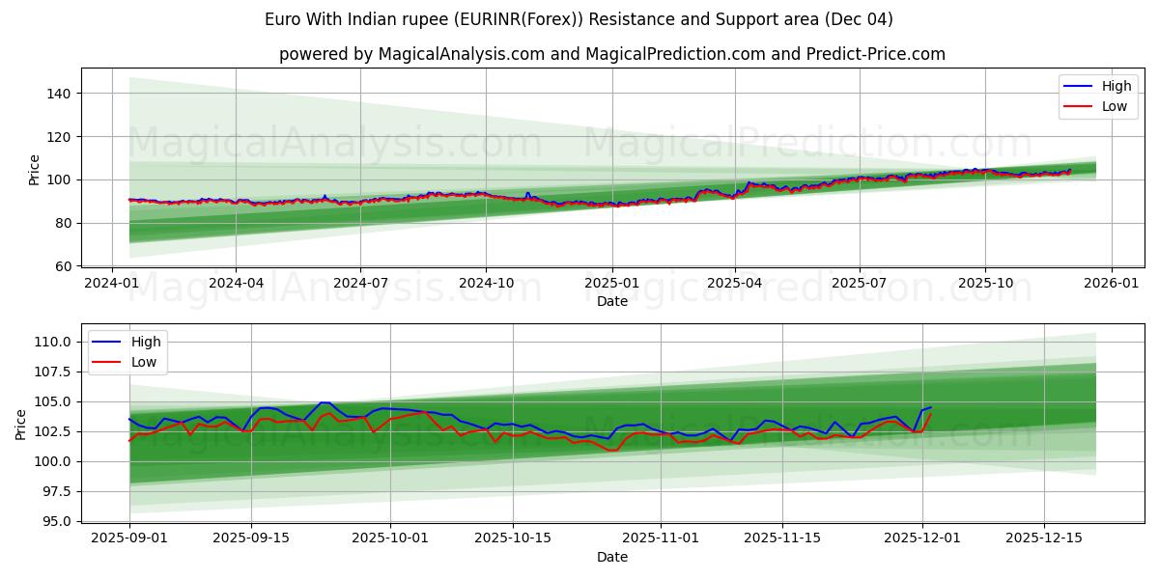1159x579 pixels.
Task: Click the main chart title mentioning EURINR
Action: [x=579, y=19]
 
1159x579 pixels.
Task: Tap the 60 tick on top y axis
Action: [x=63, y=266]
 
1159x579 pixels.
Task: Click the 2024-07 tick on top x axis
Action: [x=360, y=284]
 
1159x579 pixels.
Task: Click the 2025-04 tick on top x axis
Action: [x=735, y=284]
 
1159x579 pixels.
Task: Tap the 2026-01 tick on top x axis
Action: [x=1111, y=284]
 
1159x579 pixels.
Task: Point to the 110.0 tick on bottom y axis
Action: [x=52, y=342]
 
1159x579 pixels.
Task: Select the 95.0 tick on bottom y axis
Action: [x=56, y=521]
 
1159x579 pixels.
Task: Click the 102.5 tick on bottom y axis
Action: [x=52, y=431]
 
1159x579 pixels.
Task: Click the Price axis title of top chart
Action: [x=35, y=169]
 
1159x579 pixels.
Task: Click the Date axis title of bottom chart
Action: [x=611, y=557]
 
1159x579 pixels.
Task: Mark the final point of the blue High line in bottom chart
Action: [x=931, y=407]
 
